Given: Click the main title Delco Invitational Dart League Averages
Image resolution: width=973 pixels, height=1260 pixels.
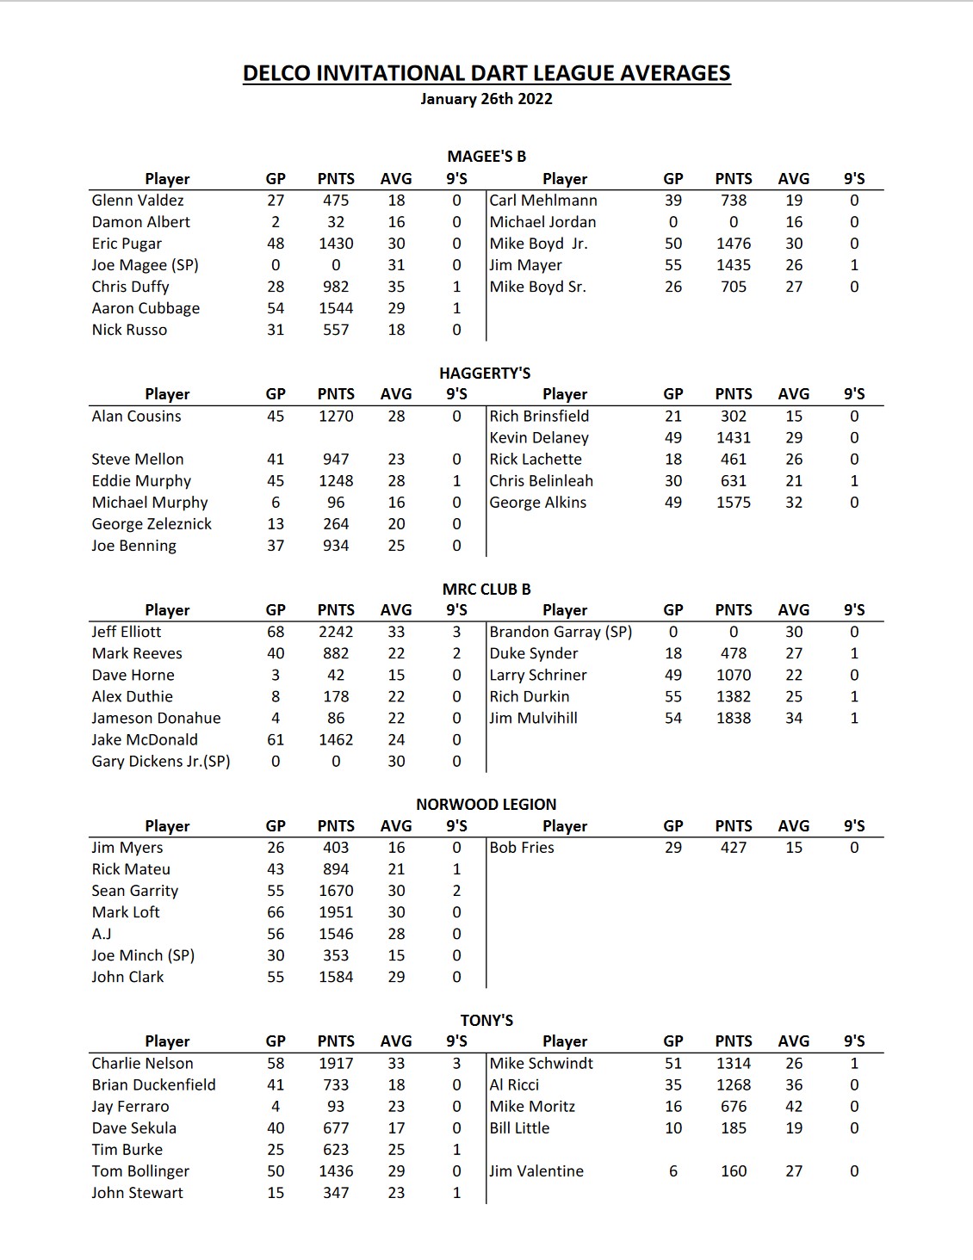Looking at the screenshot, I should pyautogui.click(x=487, y=73).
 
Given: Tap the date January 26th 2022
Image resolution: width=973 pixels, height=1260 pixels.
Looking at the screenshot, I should pyautogui.click(x=487, y=99).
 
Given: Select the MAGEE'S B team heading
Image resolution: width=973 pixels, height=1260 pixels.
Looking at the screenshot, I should pyautogui.click(x=487, y=157).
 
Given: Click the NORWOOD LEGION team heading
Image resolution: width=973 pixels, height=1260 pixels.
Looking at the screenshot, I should pyautogui.click(x=487, y=805).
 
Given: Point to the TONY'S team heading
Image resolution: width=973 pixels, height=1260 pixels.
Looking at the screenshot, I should pyautogui.click(x=487, y=1021).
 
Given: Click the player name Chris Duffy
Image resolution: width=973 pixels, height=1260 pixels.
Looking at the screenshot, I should pyautogui.click(x=131, y=287).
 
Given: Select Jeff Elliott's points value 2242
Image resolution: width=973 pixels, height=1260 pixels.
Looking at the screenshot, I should pyautogui.click(x=336, y=632).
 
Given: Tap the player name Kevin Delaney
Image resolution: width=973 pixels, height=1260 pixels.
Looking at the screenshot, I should pyautogui.click(x=539, y=438).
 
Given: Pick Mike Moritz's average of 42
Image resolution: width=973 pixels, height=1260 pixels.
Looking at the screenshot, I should pyautogui.click(x=794, y=1107).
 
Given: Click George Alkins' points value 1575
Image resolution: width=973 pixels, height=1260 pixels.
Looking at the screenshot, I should pyautogui.click(x=734, y=503).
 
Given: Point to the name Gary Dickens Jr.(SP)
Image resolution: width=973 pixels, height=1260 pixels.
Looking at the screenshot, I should pyautogui.click(x=161, y=762).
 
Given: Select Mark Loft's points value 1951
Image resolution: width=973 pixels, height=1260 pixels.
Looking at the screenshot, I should pyautogui.click(x=336, y=912).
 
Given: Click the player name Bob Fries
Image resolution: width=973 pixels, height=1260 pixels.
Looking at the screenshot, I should pyautogui.click(x=522, y=848).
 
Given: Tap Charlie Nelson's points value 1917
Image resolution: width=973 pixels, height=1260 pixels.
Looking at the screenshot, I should pyautogui.click(x=336, y=1064).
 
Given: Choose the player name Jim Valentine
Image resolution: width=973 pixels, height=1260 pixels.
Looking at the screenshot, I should pyautogui.click(x=536, y=1171).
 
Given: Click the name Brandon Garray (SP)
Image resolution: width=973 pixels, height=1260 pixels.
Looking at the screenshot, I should pyautogui.click(x=561, y=632).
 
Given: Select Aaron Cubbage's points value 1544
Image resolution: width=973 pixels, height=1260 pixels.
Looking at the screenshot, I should pyautogui.click(x=336, y=308).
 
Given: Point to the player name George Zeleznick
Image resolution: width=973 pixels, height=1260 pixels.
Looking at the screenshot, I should pyautogui.click(x=152, y=524).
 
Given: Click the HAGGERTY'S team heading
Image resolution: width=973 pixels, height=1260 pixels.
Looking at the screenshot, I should pyautogui.click(x=485, y=374).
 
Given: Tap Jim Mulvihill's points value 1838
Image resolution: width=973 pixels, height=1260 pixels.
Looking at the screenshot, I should pyautogui.click(x=734, y=719).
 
